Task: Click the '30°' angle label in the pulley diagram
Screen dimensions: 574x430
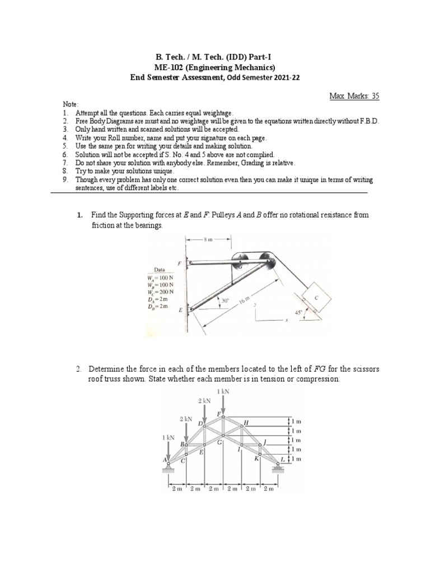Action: tap(225, 300)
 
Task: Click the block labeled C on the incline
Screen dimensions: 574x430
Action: tap(316, 299)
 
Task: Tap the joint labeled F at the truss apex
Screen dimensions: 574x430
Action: tap(223, 416)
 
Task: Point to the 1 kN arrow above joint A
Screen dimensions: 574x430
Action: tap(169, 448)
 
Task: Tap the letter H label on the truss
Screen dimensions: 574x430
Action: tap(246, 422)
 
